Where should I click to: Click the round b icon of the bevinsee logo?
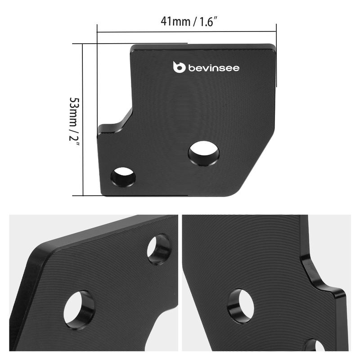[x=180, y=67]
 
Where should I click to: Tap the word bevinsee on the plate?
[x=214, y=68]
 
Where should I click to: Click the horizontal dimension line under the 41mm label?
[x=186, y=32]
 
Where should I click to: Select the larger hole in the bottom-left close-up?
[x=79, y=310]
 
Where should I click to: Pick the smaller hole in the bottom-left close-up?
[x=159, y=249]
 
